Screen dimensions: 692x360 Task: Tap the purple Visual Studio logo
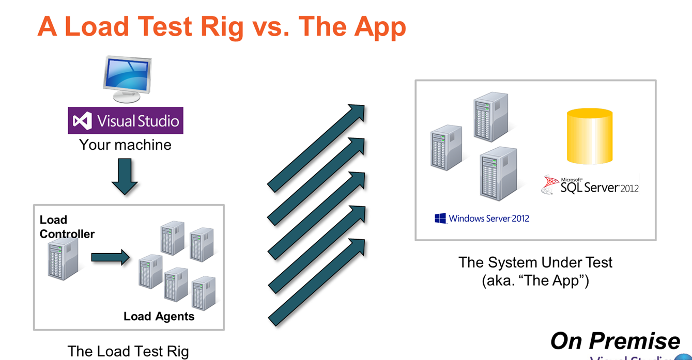pyautogui.click(x=126, y=121)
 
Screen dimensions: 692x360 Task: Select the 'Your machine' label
pyautogui.click(x=125, y=145)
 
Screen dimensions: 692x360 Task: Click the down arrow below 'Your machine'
pyautogui.click(x=125, y=176)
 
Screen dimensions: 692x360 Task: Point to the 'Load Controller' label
pyautogui.click(x=67, y=227)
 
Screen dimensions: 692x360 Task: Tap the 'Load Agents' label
pyautogui.click(x=159, y=316)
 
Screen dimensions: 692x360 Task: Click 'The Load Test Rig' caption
pyautogui.click(x=128, y=352)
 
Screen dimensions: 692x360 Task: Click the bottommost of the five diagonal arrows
pyautogui.click(x=316, y=282)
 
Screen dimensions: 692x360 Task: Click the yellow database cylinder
pyautogui.click(x=590, y=136)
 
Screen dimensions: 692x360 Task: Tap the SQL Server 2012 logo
pyautogui.click(x=590, y=185)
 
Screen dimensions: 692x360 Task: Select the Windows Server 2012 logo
pyautogui.click(x=482, y=218)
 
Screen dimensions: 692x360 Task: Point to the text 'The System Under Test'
pyautogui.click(x=535, y=262)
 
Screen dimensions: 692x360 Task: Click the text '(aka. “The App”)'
pyautogui.click(x=535, y=281)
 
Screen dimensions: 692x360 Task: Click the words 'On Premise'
pyautogui.click(x=615, y=341)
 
